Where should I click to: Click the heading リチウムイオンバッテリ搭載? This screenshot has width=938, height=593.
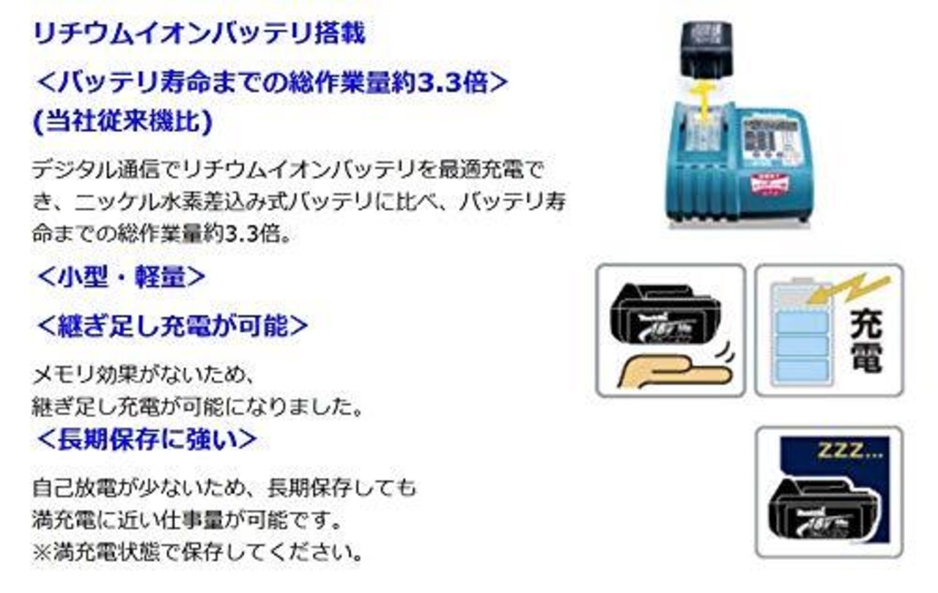tap(199, 34)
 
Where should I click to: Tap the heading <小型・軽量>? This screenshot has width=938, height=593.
tap(121, 278)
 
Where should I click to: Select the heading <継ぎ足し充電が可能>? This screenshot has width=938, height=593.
tap(172, 325)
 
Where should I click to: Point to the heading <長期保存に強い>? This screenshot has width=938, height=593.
tap(147, 439)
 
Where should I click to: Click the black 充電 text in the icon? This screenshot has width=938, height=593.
tap(865, 342)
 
